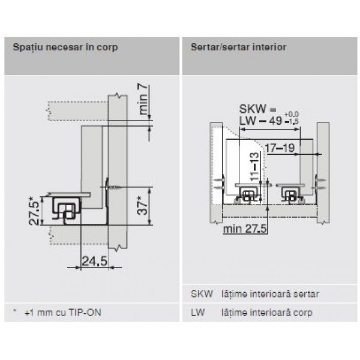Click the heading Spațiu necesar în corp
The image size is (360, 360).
click(61, 47)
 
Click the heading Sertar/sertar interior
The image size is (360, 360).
click(238, 47)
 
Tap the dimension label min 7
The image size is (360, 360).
click(143, 100)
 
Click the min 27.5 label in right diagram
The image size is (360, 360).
click(244, 229)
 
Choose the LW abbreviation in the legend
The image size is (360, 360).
click(197, 313)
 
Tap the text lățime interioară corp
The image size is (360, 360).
click(266, 313)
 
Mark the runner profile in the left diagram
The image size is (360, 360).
click(67, 209)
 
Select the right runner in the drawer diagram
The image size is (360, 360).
click(290, 193)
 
